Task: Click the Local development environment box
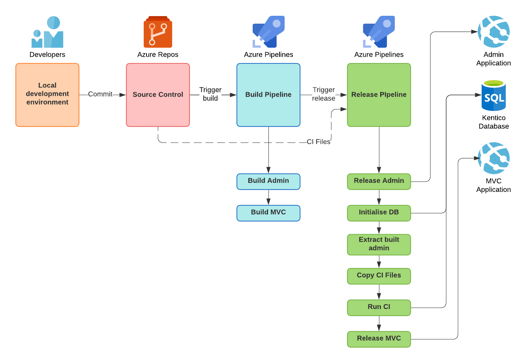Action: pyautogui.click(x=47, y=95)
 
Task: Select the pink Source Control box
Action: pyautogui.click(x=158, y=95)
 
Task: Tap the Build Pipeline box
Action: pyautogui.click(x=268, y=95)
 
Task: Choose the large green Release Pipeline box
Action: pyautogui.click(x=379, y=95)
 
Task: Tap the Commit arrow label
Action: pyautogui.click(x=100, y=94)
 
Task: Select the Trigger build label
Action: pyautogui.click(x=210, y=94)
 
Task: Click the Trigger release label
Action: pyautogui.click(x=324, y=94)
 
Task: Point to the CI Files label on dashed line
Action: pyautogui.click(x=318, y=142)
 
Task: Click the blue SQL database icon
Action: pyautogui.click(x=493, y=95)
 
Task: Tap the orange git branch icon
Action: pyautogui.click(x=158, y=32)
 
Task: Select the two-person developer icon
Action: pyautogui.click(x=48, y=32)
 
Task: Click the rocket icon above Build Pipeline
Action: pyautogui.click(x=268, y=32)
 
